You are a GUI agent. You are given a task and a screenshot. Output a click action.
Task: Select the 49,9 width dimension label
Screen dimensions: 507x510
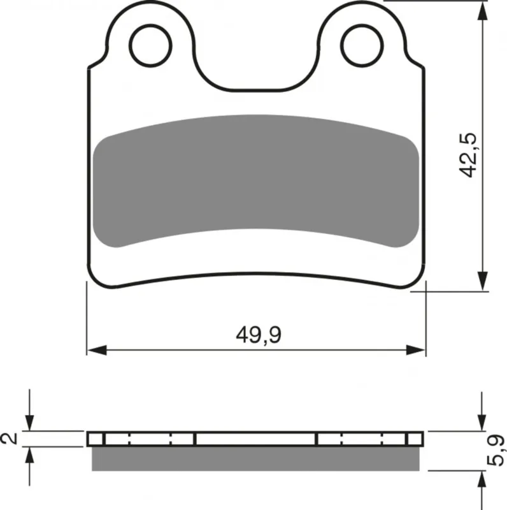[259, 335]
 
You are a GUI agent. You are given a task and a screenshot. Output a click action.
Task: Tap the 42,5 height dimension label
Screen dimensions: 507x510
[468, 155]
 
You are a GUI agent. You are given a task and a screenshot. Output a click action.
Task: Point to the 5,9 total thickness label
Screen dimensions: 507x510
[496, 451]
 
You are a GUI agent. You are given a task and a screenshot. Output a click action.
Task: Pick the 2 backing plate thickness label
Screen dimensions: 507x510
[10, 438]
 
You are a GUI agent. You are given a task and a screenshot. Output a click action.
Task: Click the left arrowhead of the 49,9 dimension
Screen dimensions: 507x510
[97, 350]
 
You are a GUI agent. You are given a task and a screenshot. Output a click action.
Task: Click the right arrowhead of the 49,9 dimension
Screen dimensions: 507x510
[416, 350]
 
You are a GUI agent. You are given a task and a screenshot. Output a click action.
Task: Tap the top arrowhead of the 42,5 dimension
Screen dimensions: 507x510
[483, 11]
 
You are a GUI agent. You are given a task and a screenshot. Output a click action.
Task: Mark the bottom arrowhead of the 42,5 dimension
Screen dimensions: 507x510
[483, 280]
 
